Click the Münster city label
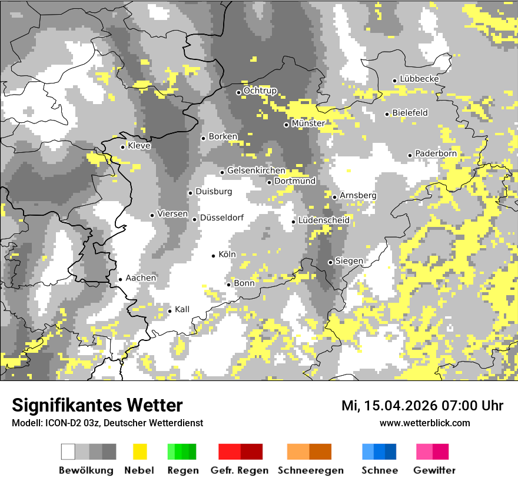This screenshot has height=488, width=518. pyautogui.click(x=308, y=123)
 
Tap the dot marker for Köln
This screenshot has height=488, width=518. pyautogui.click(x=214, y=255)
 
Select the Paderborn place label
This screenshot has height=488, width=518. pyautogui.click(x=436, y=153)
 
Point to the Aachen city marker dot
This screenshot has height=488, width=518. pyautogui.click(x=120, y=279)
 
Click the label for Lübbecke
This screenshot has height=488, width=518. pyautogui.click(x=419, y=79)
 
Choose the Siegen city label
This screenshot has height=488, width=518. pyautogui.click(x=349, y=260)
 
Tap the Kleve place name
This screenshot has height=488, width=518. pyautogui.click(x=140, y=146)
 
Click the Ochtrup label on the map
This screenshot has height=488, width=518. pyautogui.click(x=260, y=91)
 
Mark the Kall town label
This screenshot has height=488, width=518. pyautogui.click(x=182, y=309)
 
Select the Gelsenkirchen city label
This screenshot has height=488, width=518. pyautogui.click(x=256, y=171)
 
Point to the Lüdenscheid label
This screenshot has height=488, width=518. pyautogui.click(x=324, y=220)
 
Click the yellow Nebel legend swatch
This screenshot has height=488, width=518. pyautogui.click(x=140, y=452)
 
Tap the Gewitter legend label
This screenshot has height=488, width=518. pyautogui.click(x=434, y=470)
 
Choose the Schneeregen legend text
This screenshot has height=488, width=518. pyautogui.click(x=310, y=470)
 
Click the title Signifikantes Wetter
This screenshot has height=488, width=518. pyautogui.click(x=97, y=405)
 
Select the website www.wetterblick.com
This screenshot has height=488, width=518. pyautogui.click(x=424, y=423)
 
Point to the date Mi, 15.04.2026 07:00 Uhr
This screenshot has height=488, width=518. pyautogui.click(x=422, y=406)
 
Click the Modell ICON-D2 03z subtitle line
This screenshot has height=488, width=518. pyautogui.click(x=107, y=423)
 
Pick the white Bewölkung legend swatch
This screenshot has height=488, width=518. pyautogui.click(x=68, y=452)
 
